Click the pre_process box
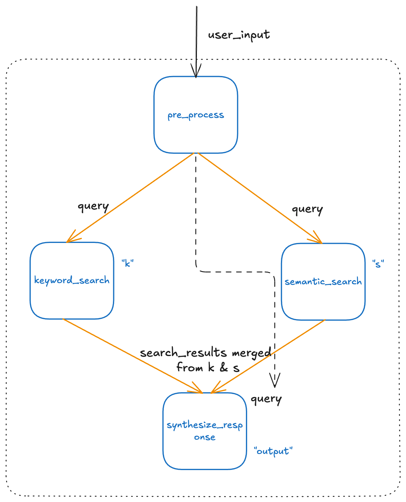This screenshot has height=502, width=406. [x=196, y=115]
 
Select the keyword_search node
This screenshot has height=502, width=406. [x=72, y=280]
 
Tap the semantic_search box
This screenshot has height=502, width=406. [x=323, y=282]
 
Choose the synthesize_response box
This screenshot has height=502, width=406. [x=205, y=431]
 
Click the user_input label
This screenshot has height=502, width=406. [x=239, y=35]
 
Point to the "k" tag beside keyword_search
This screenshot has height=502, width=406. [x=128, y=263]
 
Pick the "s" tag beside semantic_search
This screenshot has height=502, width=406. [x=378, y=264]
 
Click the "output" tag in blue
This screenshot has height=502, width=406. [x=273, y=451]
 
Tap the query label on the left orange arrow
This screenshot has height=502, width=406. [x=93, y=207]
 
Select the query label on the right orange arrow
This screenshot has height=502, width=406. [x=307, y=210]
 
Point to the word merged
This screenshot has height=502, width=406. [x=251, y=353]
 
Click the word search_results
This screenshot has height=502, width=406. [x=183, y=353]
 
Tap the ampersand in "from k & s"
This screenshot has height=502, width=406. [x=224, y=368]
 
